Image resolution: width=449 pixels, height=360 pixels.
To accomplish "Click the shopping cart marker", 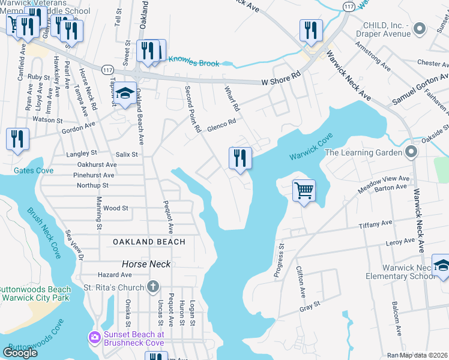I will pyautogui.click(x=304, y=191).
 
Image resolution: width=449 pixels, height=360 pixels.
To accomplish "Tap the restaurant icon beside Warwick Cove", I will pyautogui.click(x=240, y=158).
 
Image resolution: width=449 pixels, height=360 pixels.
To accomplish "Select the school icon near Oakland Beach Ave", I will pyautogui.click(x=125, y=93).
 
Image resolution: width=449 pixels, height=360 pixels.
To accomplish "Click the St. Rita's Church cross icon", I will pyautogui.click(x=153, y=287).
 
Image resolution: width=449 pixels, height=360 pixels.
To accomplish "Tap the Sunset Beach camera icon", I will pyautogui.click(x=95, y=337).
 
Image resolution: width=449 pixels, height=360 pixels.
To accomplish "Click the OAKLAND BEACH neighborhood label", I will pyautogui.click(x=149, y=241).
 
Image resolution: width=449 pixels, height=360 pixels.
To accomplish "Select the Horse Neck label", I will pyautogui.click(x=146, y=264).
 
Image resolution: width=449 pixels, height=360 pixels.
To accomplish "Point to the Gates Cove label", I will pyautogui.click(x=34, y=170).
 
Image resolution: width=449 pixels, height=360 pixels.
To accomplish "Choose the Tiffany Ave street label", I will pyautogui.click(x=375, y=224).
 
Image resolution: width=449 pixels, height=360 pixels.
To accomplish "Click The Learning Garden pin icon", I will pyautogui.click(x=411, y=152).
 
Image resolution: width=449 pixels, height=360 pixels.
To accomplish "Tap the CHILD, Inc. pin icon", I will pyautogui.click(x=420, y=27).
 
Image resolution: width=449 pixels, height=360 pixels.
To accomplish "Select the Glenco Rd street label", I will pyautogui.click(x=221, y=124).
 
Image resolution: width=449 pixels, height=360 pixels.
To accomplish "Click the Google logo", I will pyautogui.click(x=20, y=353).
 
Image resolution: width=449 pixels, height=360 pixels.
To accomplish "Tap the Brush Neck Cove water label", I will pyautogui.click(x=44, y=233).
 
